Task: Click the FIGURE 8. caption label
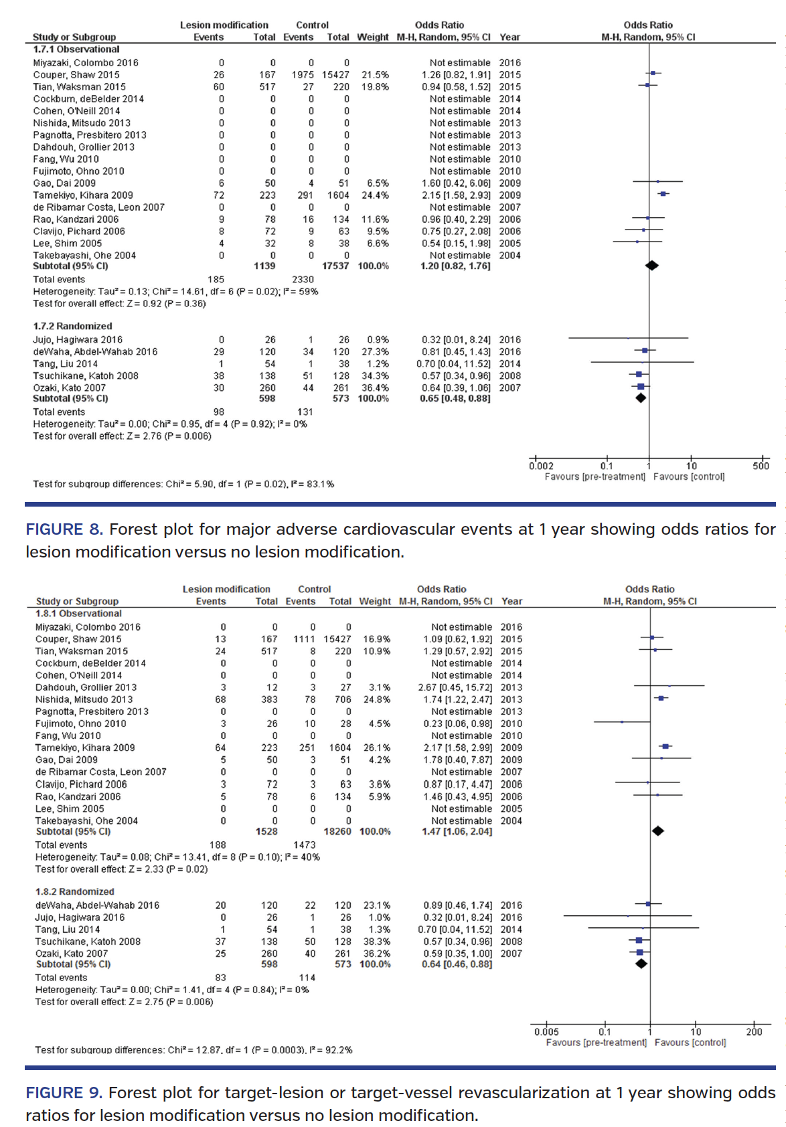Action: pyautogui.click(x=64, y=529)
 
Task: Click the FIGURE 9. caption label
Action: pyautogui.click(x=64, y=1093)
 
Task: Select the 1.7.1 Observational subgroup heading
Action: pyautogui.click(x=76, y=50)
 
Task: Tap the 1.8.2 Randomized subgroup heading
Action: pyautogui.click(x=75, y=891)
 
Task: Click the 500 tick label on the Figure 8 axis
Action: pyautogui.click(x=761, y=466)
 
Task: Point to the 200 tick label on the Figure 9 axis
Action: pyautogui.click(x=754, y=1032)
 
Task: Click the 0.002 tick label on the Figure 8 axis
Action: pyautogui.click(x=541, y=466)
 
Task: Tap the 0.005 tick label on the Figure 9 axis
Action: pyautogui.click(x=546, y=1032)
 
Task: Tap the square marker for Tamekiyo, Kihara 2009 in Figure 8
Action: pyautogui.click(x=663, y=194)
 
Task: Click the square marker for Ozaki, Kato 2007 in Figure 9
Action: pyautogui.click(x=640, y=952)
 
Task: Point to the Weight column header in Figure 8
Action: pyautogui.click(x=372, y=37)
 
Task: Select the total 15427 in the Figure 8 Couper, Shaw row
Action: pyautogui.click(x=335, y=75)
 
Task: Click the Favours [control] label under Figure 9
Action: pyautogui.click(x=690, y=1043)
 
